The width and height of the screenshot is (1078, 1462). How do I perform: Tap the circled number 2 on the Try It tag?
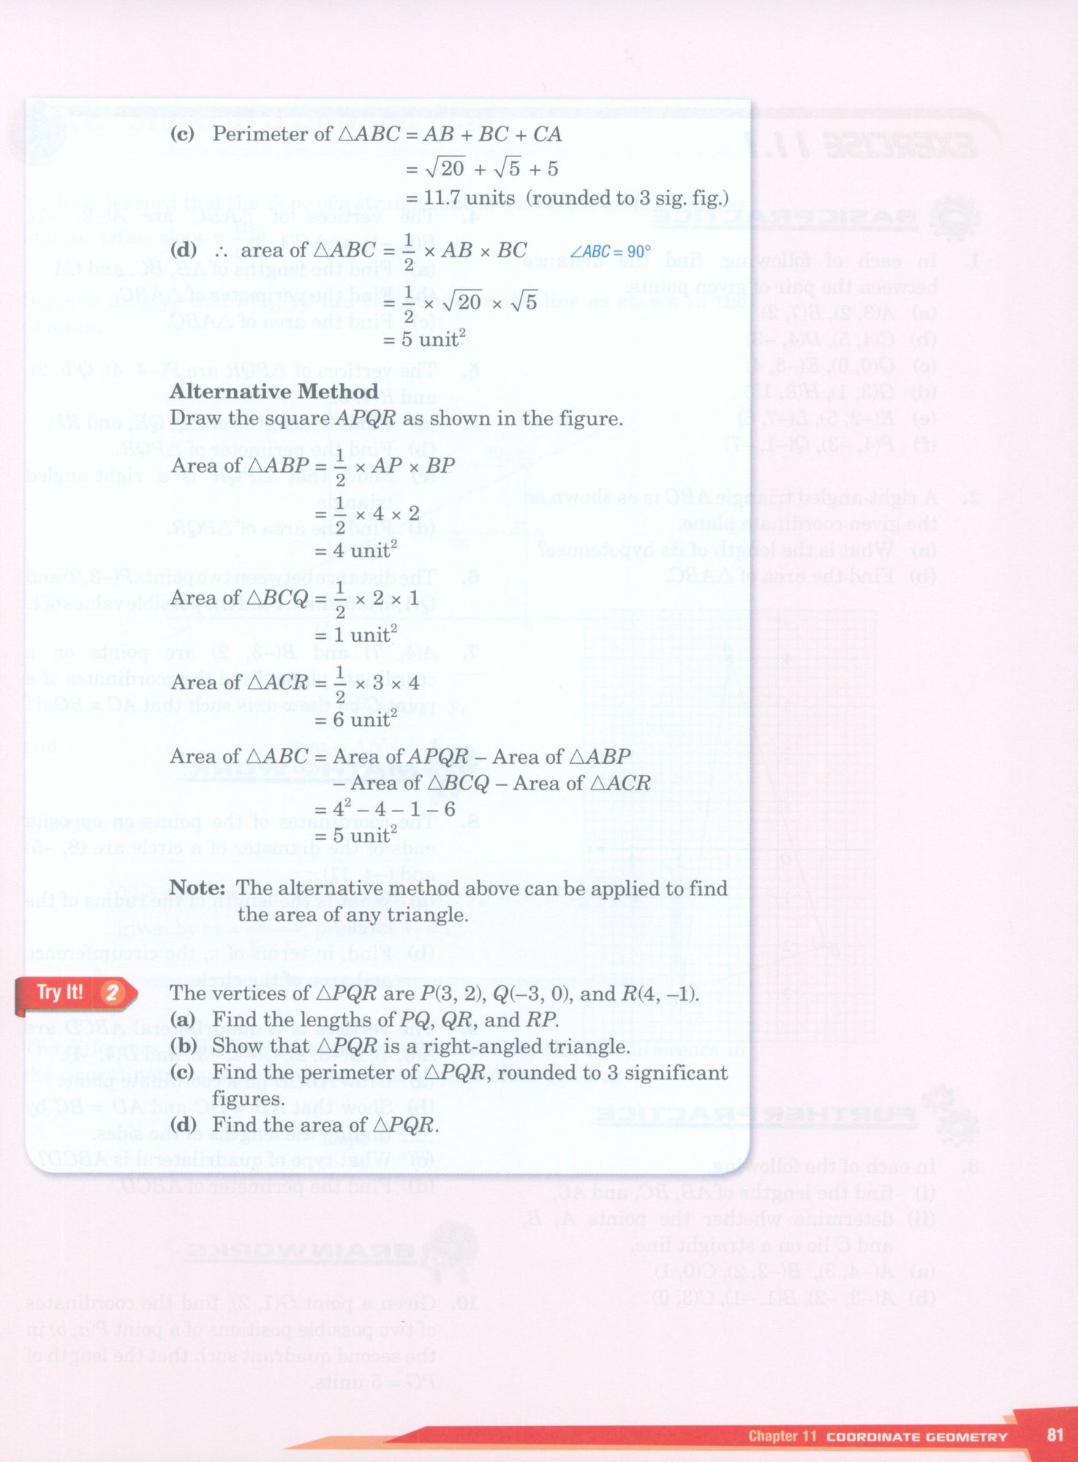(x=112, y=993)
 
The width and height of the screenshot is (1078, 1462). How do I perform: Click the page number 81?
(x=1055, y=1434)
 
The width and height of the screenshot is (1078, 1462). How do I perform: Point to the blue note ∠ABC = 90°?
(x=611, y=252)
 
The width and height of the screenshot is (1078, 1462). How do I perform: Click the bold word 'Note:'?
(x=197, y=888)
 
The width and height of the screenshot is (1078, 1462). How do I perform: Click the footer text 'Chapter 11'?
(x=782, y=1436)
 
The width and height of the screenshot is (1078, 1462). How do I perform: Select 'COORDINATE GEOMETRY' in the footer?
(x=916, y=1436)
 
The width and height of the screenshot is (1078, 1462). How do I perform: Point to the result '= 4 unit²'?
(x=356, y=550)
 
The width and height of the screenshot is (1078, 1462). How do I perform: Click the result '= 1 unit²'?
(x=356, y=634)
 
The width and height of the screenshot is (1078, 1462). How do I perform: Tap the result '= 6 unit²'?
(x=356, y=719)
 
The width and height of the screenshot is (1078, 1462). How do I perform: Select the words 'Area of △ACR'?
(x=239, y=683)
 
